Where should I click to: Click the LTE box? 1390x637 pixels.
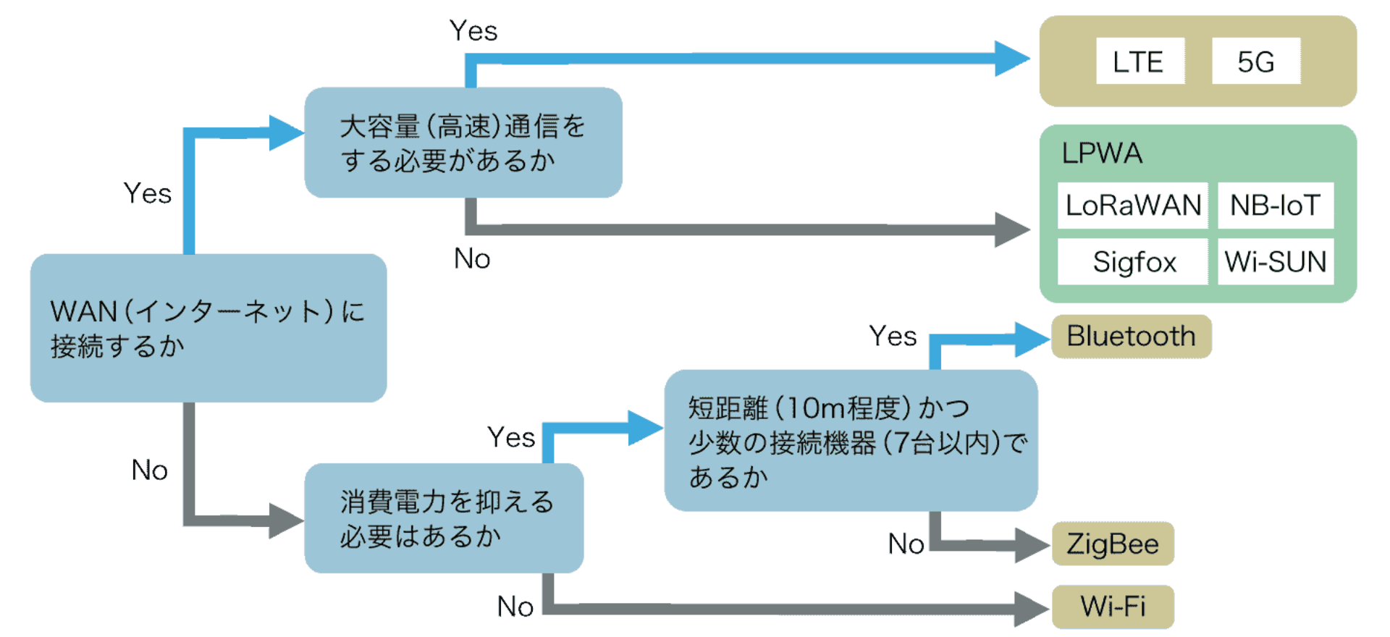[1140, 62]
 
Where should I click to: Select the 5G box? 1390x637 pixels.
[1255, 62]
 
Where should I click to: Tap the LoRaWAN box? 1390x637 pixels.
[1132, 206]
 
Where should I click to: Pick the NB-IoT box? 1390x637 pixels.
[1275, 206]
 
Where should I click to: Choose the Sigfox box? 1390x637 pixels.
[1132, 261]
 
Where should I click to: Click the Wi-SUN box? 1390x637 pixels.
[1275, 261]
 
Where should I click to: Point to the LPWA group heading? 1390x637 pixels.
[1102, 153]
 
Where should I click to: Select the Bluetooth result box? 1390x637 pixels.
[1131, 337]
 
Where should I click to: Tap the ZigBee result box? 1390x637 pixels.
[1113, 544]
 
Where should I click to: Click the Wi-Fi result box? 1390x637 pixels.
[1113, 607]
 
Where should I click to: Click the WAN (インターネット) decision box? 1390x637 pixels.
[208, 328]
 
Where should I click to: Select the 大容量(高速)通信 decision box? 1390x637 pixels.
[463, 143]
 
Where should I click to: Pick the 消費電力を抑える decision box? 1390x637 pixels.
[443, 518]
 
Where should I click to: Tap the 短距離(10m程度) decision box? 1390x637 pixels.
[851, 441]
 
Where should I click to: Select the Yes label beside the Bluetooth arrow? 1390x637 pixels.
[893, 337]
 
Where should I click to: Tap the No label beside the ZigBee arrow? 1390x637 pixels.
[906, 544]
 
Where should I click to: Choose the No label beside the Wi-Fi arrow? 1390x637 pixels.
[515, 607]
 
